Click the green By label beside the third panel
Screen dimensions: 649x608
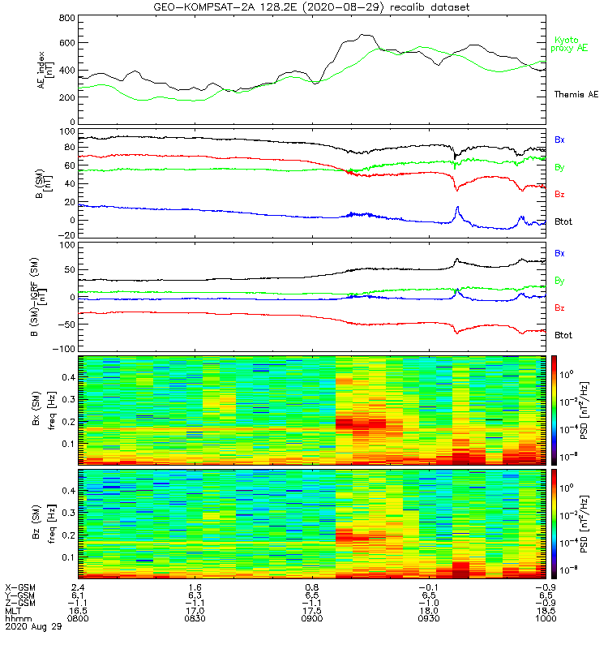(x=559, y=281)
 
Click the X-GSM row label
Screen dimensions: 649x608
(x=19, y=587)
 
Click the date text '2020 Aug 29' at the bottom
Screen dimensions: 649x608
(x=29, y=627)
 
